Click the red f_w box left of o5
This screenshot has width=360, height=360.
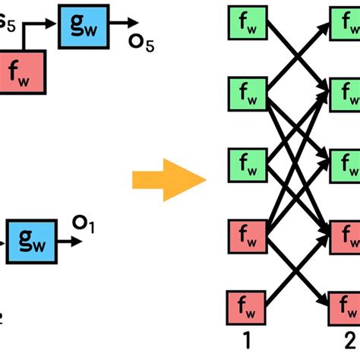pyautogui.click(x=23, y=73)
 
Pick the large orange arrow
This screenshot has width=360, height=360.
pyautogui.click(x=169, y=180)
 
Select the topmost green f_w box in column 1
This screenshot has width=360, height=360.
pyautogui.click(x=246, y=27)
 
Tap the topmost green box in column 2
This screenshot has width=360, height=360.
pyautogui.click(x=346, y=27)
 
